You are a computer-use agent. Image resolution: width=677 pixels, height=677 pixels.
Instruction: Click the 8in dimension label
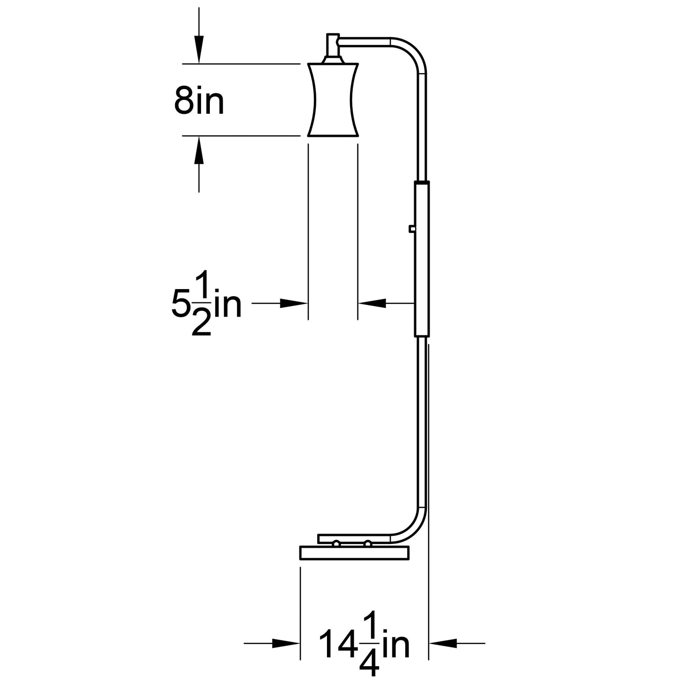(x=199, y=100)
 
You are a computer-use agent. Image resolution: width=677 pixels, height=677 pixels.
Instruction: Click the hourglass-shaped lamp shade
(x=333, y=99)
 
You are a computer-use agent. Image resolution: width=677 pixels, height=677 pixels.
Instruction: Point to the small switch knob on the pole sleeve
(x=412, y=229)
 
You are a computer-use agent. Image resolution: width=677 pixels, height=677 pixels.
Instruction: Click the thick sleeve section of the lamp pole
(x=422, y=259)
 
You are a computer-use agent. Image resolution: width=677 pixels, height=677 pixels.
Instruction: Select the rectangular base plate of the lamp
(x=355, y=553)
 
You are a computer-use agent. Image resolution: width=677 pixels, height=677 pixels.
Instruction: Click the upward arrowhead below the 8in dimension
(x=199, y=150)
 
